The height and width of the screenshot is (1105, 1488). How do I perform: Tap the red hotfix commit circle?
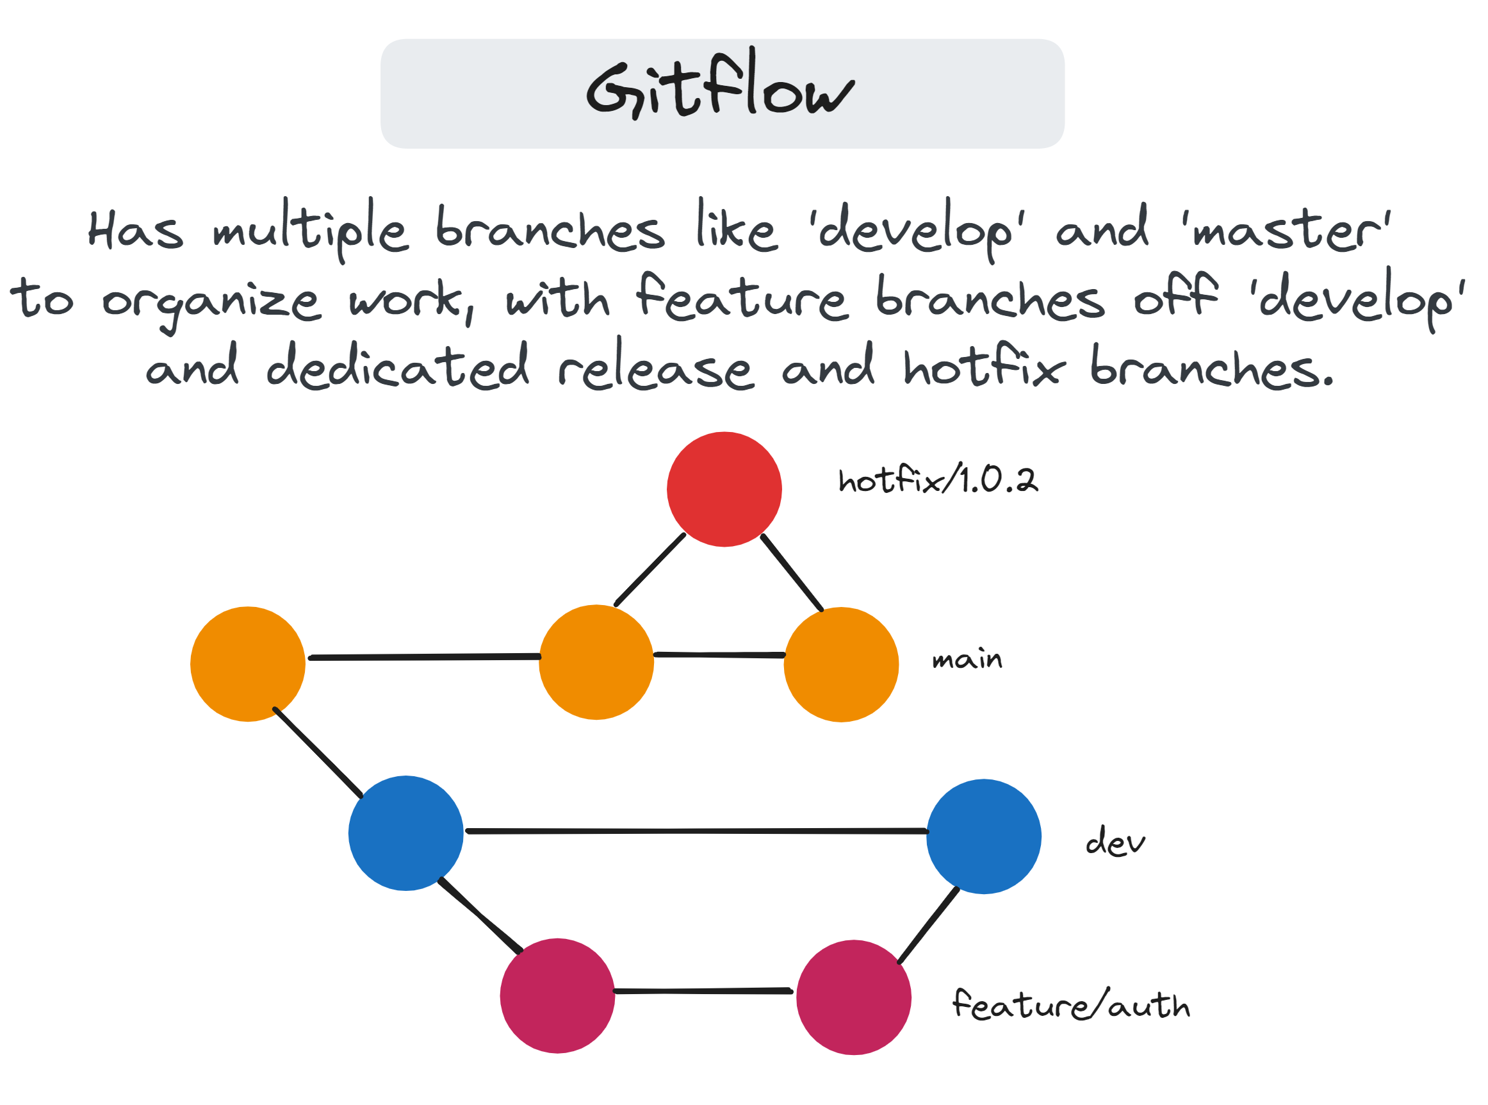pos(724,490)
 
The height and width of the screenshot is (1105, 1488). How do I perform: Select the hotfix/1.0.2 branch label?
pos(938,479)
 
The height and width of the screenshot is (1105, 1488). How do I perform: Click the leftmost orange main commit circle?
pos(248,664)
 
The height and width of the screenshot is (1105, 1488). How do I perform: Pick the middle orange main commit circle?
pos(596,662)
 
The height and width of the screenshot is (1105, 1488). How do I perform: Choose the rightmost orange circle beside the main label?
pos(841,664)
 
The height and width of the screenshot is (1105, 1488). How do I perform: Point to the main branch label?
pos(967,660)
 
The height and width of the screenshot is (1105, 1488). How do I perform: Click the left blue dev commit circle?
pos(405,833)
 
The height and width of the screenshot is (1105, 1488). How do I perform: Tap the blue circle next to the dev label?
pos(983,836)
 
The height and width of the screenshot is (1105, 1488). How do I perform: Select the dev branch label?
pos(1115,841)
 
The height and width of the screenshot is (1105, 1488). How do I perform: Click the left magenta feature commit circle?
pos(557,995)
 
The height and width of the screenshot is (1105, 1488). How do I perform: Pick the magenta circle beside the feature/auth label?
pos(854,997)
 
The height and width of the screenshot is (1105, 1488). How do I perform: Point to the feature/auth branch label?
pos(1071,1004)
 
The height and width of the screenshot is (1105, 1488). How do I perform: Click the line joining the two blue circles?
pos(695,831)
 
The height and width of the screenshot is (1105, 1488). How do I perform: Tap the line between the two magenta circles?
pos(703,992)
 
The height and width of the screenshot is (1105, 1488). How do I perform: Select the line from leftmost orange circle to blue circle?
pos(318,753)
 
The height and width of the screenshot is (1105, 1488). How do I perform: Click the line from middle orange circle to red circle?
pos(650,570)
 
